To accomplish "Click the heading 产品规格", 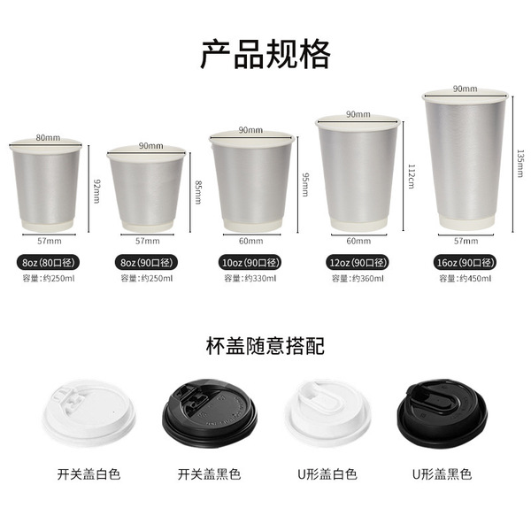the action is (x=265, y=54).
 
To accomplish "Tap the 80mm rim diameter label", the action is (x=48, y=137).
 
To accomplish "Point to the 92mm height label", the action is (x=96, y=191).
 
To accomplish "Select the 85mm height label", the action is (x=198, y=192).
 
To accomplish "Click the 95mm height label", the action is (x=305, y=185).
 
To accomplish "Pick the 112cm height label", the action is (x=412, y=176).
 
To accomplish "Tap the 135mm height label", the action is (x=520, y=164).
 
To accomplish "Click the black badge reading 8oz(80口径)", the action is (x=48, y=263).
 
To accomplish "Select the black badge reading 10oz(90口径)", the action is (x=250, y=263).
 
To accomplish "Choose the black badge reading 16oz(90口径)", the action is (x=466, y=263).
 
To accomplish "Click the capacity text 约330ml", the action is (x=260, y=279).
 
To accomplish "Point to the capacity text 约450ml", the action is (x=475, y=279).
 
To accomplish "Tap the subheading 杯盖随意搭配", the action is (x=265, y=346).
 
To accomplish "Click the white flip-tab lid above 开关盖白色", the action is (x=89, y=412).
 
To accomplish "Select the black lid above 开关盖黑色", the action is (x=209, y=412).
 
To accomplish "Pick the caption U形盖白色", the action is (x=327, y=474).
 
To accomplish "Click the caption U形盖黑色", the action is (x=442, y=474).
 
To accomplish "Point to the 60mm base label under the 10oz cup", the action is (x=250, y=241).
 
